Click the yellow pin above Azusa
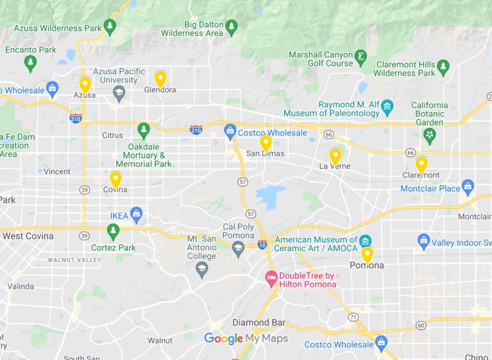click(85, 84)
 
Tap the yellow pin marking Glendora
click(160, 78)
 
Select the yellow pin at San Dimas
click(266, 143)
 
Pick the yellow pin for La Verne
click(335, 156)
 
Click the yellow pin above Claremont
click(421, 164)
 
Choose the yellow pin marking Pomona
click(367, 255)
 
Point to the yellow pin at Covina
click(116, 179)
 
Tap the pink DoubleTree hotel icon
click(271, 279)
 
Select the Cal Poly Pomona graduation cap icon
click(238, 247)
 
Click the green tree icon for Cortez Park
click(113, 230)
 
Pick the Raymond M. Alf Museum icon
click(387, 105)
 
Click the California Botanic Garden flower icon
click(429, 134)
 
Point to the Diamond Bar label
click(259, 323)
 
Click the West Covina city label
click(28, 236)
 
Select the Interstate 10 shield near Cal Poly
click(262, 244)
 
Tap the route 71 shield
click(353, 317)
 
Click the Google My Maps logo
click(246, 338)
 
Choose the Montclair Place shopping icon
click(468, 187)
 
